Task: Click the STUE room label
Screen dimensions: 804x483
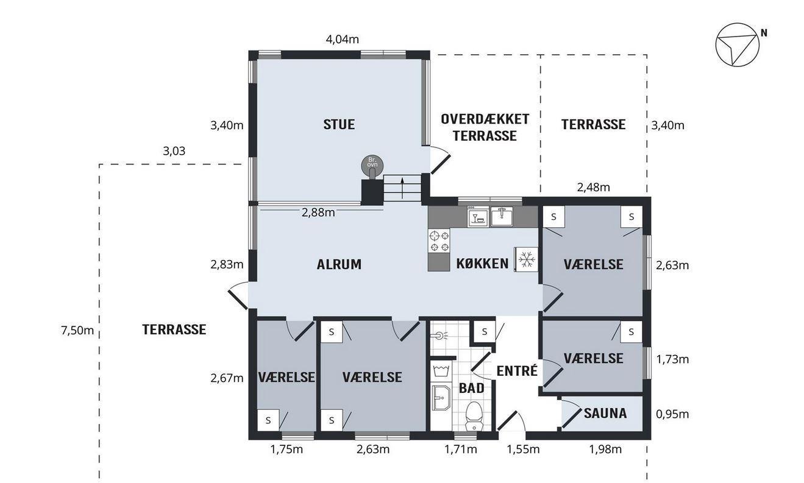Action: pos(339,124)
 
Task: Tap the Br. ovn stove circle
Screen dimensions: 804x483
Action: pos(372,164)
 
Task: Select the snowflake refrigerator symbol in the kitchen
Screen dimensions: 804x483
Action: pos(527,259)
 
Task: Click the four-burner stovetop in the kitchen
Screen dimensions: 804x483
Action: pos(439,241)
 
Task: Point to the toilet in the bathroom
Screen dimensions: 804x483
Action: pos(474,416)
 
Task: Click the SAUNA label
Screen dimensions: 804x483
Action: pos(605,414)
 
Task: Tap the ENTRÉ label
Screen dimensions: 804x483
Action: pos(517,371)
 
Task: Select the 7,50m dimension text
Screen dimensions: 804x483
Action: pos(77,330)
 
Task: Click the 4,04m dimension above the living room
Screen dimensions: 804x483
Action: pos(342,39)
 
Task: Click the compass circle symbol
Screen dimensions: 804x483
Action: pos(738,45)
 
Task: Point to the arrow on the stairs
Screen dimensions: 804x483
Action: pos(402,188)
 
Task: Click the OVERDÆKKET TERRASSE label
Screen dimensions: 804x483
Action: pos(485,128)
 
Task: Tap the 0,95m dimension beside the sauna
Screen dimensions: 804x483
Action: pos(672,415)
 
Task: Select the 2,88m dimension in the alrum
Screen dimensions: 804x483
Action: pos(318,213)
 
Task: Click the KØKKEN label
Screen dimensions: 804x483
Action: pos(482,264)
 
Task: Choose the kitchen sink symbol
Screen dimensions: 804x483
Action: pos(502,216)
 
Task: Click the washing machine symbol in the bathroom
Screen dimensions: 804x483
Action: pos(441,370)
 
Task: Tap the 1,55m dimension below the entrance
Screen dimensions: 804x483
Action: pos(523,450)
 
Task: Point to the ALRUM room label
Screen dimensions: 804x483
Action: pos(339,264)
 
